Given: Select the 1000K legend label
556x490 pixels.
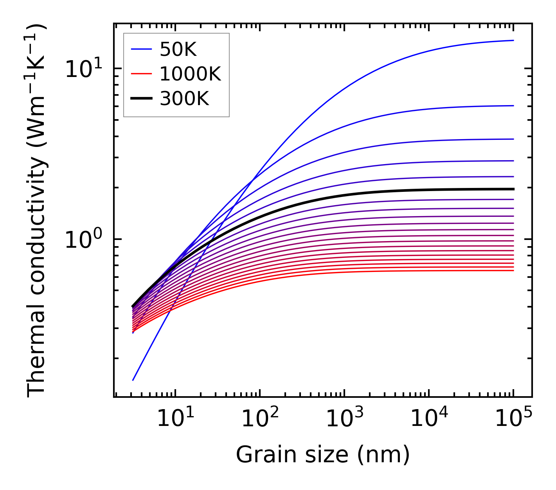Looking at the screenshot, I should (190, 74).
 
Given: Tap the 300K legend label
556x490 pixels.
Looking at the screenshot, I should (184, 99).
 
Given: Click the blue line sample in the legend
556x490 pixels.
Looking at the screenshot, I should (141, 49).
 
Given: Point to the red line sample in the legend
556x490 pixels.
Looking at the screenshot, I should (141, 74).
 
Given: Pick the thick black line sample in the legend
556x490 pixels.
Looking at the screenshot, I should (141, 99).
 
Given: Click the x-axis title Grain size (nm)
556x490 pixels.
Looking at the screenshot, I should (323, 455).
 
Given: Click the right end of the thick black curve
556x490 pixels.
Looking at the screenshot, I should (513, 189).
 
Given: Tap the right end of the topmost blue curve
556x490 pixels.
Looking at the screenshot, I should (513, 40).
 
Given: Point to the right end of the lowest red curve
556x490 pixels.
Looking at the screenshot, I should (513, 270).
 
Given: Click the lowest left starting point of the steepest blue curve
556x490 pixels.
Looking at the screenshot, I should (133, 380).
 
